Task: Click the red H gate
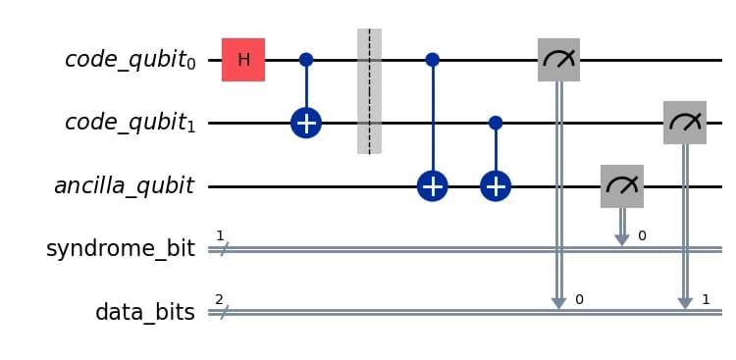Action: tap(243, 60)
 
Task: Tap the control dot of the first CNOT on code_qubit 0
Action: tap(306, 60)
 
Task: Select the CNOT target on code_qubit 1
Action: tap(306, 124)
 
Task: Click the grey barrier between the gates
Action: tap(369, 91)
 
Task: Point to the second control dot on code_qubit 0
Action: tap(432, 60)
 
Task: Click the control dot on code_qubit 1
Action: tap(496, 124)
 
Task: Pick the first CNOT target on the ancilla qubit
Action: tap(432, 186)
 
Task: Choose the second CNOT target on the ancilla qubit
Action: tap(496, 186)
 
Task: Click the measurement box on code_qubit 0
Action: tap(558, 60)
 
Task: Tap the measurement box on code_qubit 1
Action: tap(685, 124)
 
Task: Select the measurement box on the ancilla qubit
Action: tap(621, 186)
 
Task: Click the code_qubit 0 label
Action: tap(130, 61)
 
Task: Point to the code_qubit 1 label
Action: tap(130, 125)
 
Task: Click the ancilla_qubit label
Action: tap(124, 186)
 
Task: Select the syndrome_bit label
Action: tap(120, 250)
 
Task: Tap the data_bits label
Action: tap(144, 313)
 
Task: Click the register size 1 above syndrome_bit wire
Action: tap(220, 235)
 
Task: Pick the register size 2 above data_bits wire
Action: tap(220, 298)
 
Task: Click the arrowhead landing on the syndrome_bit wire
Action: tap(621, 241)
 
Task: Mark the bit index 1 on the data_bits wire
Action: tap(706, 298)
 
